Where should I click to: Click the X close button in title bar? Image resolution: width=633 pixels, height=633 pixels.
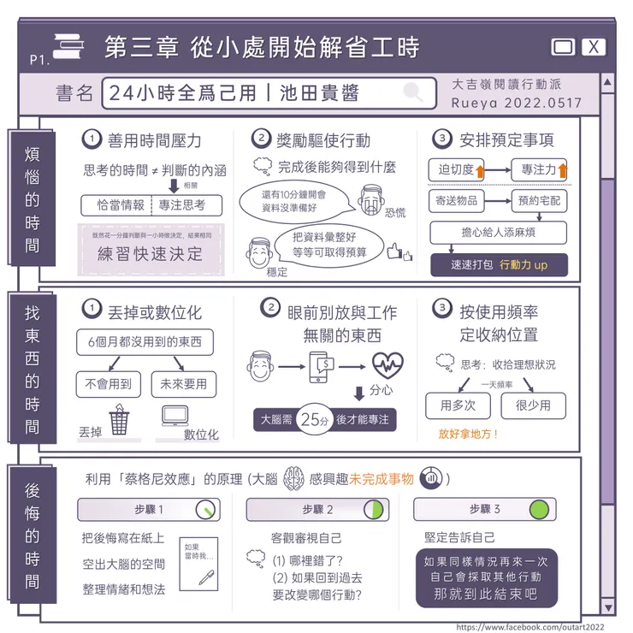tap(594, 47)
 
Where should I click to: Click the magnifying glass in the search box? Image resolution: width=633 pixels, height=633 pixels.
tap(414, 92)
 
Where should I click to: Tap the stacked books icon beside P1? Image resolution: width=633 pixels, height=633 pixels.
tap(68, 49)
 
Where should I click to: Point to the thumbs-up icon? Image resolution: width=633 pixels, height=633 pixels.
tap(397, 252)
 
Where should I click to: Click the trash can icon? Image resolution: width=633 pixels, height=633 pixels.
tap(119, 420)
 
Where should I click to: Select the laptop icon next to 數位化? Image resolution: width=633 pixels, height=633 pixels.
tap(176, 417)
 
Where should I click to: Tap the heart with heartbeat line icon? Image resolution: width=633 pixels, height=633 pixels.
tap(387, 365)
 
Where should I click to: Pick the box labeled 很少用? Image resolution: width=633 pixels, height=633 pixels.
tap(537, 405)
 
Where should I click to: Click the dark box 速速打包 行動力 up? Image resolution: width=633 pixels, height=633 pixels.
tap(500, 264)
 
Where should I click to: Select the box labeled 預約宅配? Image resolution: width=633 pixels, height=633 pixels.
tap(539, 202)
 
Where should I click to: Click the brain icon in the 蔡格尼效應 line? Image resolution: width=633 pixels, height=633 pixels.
tap(293, 477)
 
